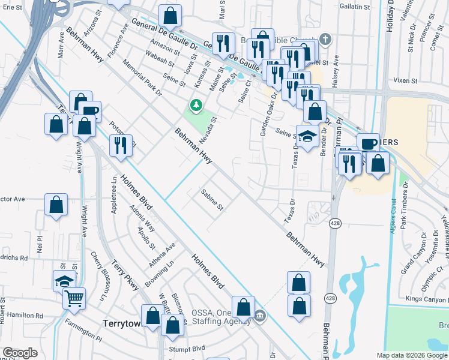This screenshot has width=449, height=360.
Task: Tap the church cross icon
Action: point(325,40)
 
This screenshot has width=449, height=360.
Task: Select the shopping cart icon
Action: point(74,297)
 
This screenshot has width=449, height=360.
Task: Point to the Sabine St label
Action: point(212,200)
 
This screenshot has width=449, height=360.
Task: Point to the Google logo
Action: point(20,353)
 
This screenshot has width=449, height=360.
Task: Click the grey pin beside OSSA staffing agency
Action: point(259,316)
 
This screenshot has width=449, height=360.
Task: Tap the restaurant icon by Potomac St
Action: point(121,145)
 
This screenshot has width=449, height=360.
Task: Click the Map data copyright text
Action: point(412,355)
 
